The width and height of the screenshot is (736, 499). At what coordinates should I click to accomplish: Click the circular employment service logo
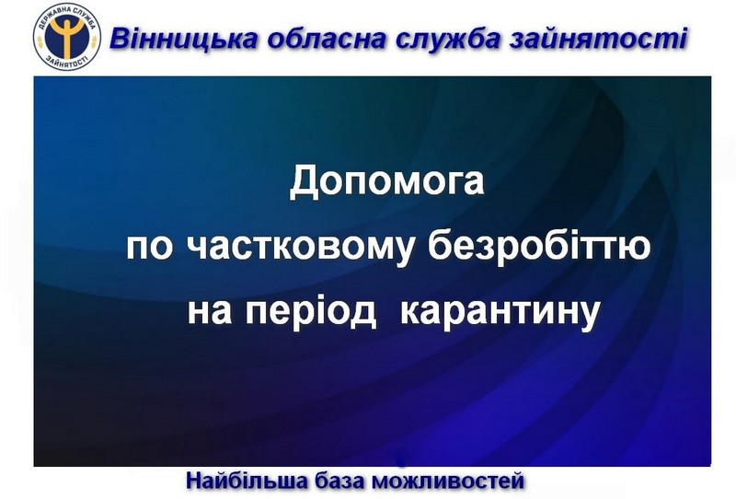[x=66, y=37]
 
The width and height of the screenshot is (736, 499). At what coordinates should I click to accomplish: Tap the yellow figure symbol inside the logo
[x=66, y=36]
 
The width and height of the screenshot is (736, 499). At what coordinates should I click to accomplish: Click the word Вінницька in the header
[x=183, y=39]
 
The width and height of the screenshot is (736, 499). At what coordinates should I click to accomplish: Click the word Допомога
[x=386, y=182]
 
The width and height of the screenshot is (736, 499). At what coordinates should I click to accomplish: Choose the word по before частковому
[x=149, y=247]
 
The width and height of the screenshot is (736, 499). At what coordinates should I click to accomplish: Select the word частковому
[x=300, y=249]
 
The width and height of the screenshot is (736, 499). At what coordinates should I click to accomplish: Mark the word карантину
[x=500, y=312]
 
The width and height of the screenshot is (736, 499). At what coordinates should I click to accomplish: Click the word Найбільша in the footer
[x=247, y=481]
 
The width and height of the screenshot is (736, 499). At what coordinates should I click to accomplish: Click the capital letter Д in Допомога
[x=304, y=183]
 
